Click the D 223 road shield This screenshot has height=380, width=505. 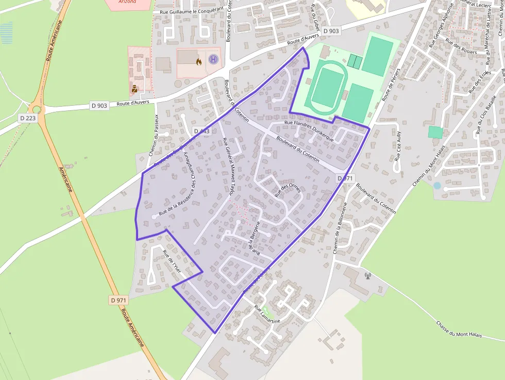29,118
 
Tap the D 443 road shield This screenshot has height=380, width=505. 202,131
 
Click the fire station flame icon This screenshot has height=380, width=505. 199,61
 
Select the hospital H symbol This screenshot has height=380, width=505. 213,60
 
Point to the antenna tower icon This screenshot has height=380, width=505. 368,275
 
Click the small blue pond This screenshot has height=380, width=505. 437,186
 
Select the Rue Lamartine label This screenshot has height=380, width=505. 267,314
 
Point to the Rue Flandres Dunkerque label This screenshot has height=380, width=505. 309,131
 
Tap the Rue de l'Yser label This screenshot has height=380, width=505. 172,262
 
